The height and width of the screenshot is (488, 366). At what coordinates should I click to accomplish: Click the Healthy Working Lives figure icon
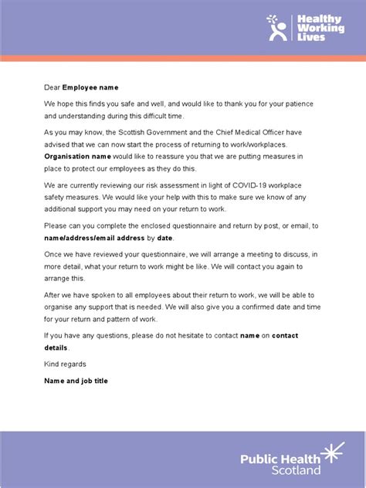276,28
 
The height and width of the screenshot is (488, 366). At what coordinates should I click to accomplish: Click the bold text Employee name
90,88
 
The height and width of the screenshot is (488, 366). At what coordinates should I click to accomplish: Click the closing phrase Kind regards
65,364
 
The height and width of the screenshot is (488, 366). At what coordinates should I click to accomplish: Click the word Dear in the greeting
52,88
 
